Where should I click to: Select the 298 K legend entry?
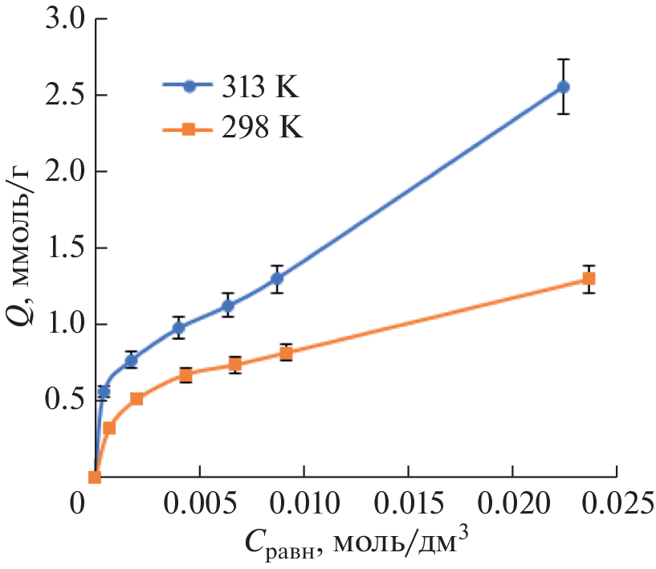click(x=233, y=128)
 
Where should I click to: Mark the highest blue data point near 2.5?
click(x=564, y=87)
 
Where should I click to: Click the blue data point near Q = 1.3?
click(x=277, y=279)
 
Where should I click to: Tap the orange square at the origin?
click(x=94, y=477)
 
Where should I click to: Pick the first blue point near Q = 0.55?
click(x=104, y=392)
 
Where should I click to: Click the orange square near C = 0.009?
click(x=286, y=354)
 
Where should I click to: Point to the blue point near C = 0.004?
click(x=178, y=327)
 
